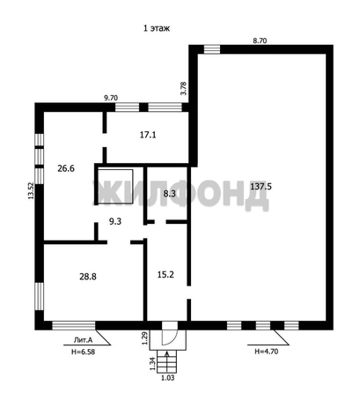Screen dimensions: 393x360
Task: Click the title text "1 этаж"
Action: pos(157,28)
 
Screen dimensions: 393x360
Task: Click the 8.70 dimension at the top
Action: pos(261,40)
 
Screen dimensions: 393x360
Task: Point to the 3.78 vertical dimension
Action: pos(183,87)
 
